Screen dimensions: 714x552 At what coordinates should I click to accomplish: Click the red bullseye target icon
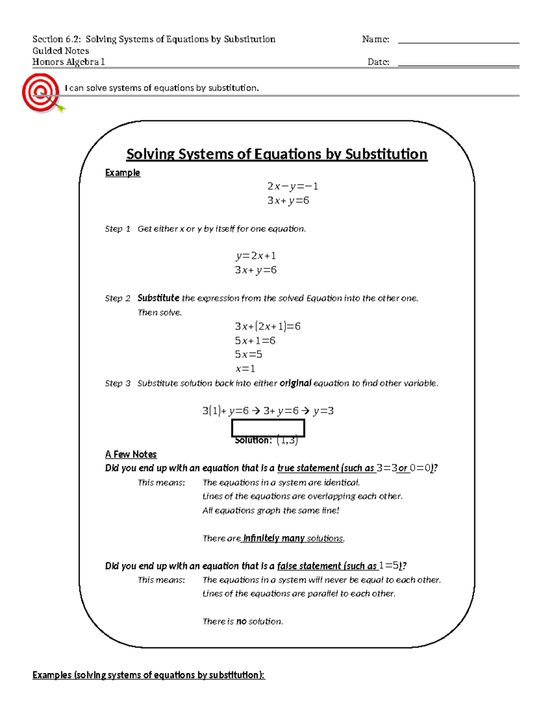click(41, 93)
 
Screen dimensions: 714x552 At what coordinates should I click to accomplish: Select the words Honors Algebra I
click(69, 62)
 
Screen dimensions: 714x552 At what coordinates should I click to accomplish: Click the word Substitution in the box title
click(386, 154)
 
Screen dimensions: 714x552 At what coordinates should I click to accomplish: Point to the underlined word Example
click(122, 173)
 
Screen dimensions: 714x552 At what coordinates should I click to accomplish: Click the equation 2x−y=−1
click(293, 186)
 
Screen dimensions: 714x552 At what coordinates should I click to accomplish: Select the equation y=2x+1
click(256, 256)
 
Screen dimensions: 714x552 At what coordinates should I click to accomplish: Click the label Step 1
click(117, 229)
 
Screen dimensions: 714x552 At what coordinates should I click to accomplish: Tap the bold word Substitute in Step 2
click(158, 298)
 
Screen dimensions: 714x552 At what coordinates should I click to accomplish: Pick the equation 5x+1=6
click(255, 341)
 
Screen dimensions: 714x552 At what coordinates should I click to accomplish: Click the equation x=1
click(245, 369)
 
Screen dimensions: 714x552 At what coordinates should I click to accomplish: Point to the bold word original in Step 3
click(295, 383)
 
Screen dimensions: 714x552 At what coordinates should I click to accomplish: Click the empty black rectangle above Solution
click(268, 428)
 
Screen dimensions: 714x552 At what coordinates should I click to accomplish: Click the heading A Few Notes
click(131, 454)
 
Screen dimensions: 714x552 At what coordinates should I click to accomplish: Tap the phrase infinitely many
click(274, 538)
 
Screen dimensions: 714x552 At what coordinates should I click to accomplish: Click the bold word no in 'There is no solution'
click(241, 622)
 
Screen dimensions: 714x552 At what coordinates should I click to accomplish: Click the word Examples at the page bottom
click(52, 675)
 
